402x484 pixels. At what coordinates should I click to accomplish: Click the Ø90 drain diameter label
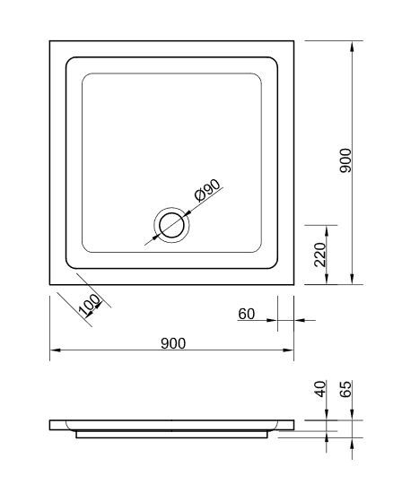pos(207,190)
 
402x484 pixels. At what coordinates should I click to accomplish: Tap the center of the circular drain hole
pos(171,225)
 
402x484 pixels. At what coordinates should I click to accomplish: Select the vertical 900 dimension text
pos(345,160)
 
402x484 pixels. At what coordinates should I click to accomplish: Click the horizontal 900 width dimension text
pos(173,343)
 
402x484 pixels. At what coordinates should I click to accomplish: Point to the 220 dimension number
pos(320,255)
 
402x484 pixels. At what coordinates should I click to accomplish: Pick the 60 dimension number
pos(247,314)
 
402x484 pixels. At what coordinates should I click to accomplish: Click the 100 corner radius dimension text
pos(90,305)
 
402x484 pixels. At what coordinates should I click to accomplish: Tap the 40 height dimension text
pos(320,389)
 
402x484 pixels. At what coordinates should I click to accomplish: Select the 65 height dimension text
pos(345,389)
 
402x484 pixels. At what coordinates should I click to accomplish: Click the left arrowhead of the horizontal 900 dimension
pos(55,350)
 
